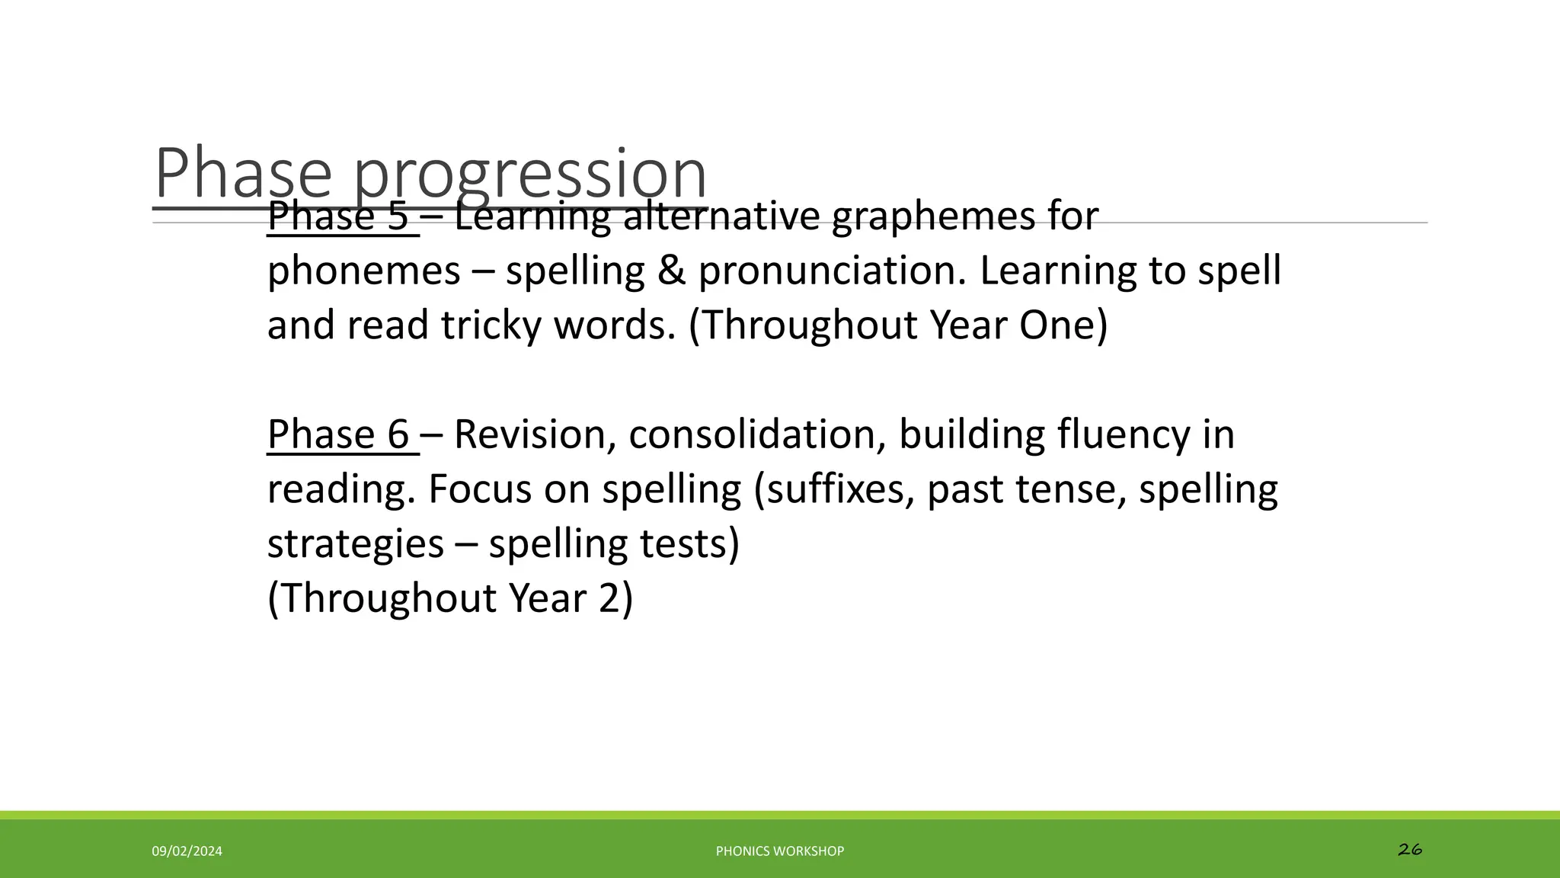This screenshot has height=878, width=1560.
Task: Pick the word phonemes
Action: pyautogui.click(x=364, y=271)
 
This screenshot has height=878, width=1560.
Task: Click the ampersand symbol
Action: pyautogui.click(x=671, y=271)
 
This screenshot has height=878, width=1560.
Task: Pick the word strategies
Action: pyautogui.click(x=356, y=544)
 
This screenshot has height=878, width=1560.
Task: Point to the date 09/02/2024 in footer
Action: pyautogui.click(x=187, y=851)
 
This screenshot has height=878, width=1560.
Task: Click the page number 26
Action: pyautogui.click(x=1410, y=849)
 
